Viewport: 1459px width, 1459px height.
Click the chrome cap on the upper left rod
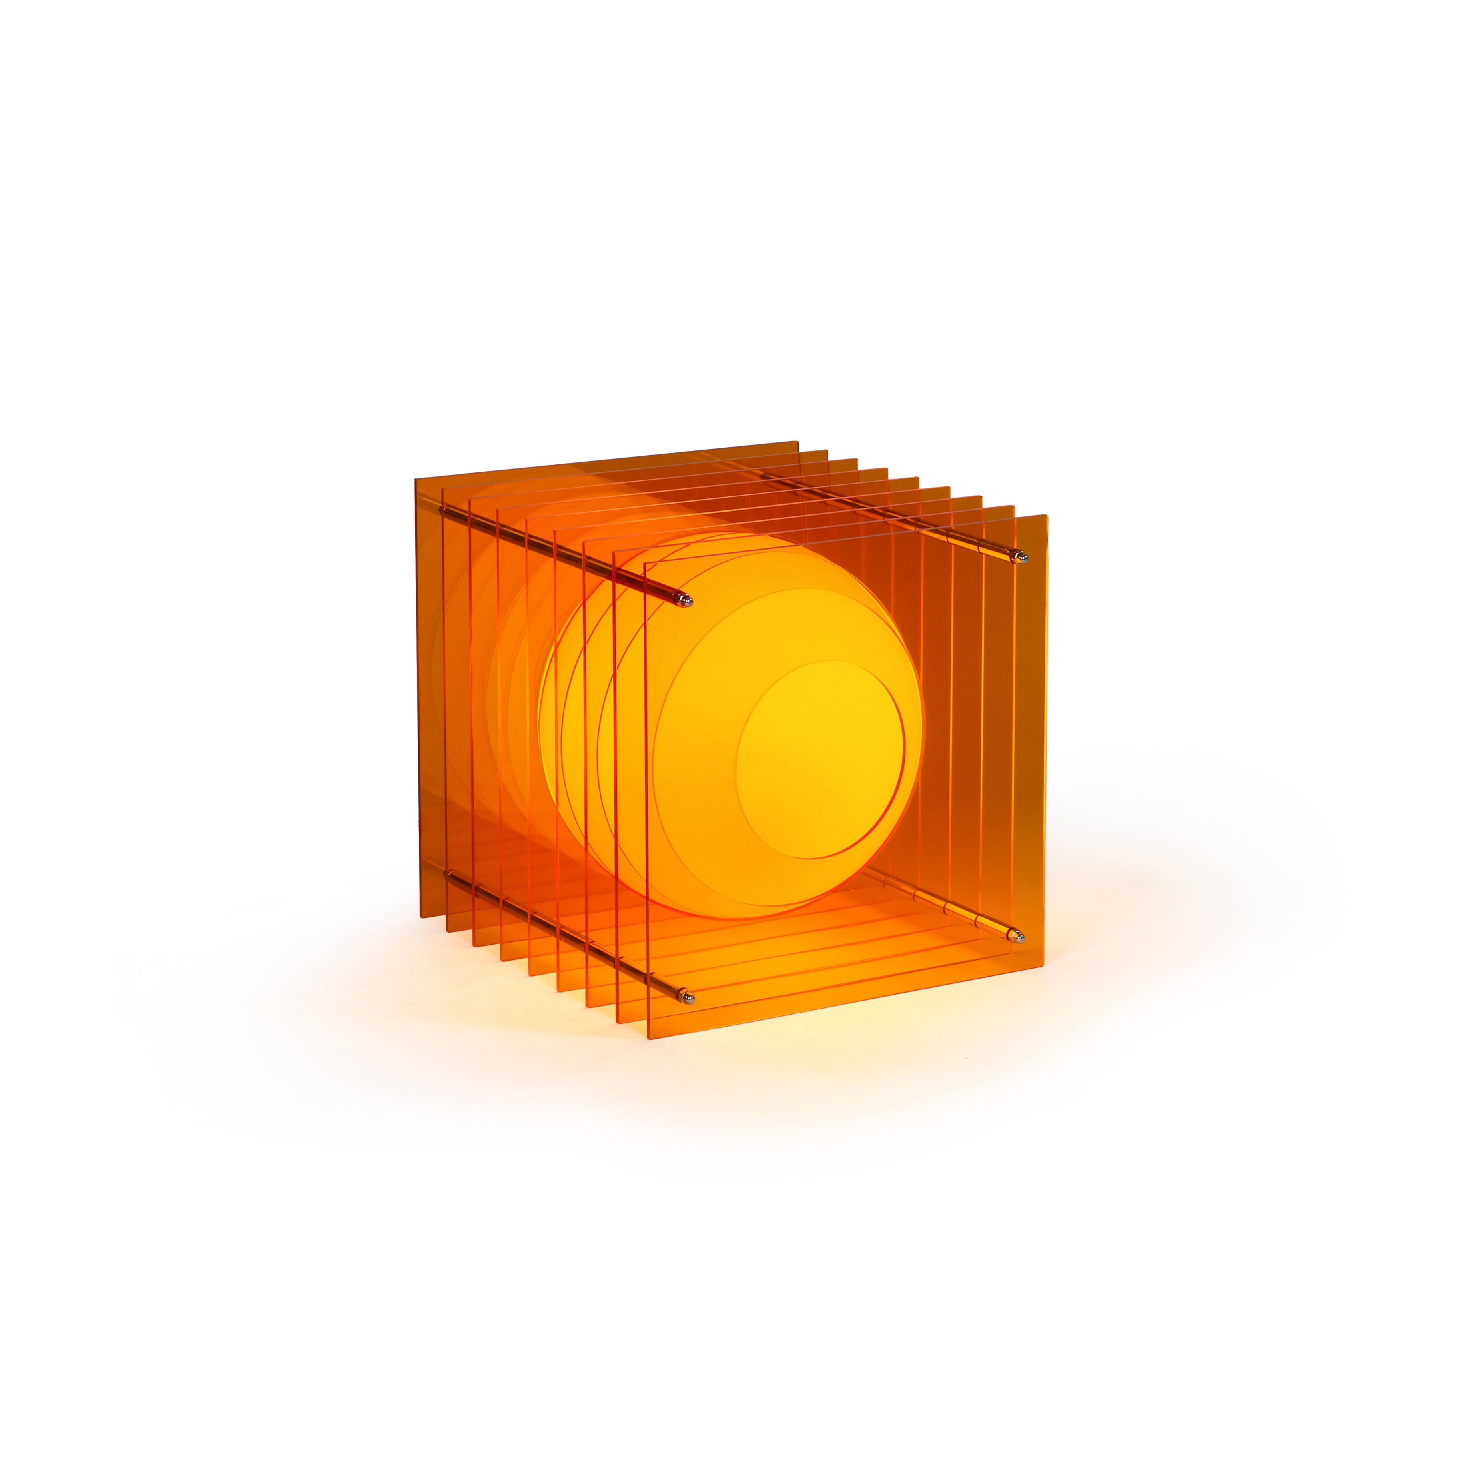pos(686,601)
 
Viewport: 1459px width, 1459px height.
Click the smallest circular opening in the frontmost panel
pos(819,759)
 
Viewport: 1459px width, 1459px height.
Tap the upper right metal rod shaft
pos(891,517)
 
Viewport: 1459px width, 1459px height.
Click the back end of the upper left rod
pos(444,510)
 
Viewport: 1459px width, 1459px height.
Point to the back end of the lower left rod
pos(450,875)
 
